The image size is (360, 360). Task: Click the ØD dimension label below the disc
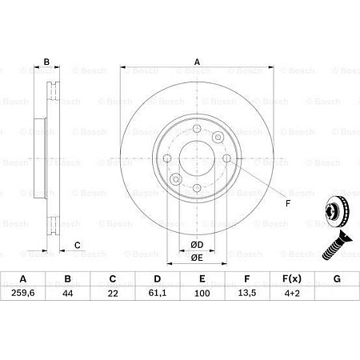196,243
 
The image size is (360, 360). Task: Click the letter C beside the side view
77,246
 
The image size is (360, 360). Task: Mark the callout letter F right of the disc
286,202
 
